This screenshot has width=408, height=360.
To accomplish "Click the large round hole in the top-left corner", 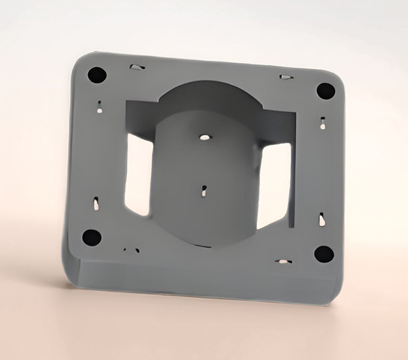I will [x=97, y=75].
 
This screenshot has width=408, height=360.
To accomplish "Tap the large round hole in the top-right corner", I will [x=326, y=91].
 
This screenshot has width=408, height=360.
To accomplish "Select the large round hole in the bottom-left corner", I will [x=92, y=238].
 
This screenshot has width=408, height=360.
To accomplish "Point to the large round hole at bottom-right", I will [x=324, y=254].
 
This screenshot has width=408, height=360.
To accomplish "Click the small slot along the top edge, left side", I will [x=137, y=67].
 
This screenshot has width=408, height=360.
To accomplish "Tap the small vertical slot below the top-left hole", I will [x=100, y=108].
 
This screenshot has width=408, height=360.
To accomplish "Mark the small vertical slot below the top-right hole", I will [x=323, y=124].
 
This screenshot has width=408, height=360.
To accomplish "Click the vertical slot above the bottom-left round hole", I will [x=96, y=204].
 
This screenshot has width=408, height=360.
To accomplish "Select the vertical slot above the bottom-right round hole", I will [x=322, y=219].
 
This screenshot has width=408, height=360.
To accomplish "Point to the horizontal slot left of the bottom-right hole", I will [x=283, y=262].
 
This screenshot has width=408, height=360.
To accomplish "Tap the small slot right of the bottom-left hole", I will [x=131, y=250].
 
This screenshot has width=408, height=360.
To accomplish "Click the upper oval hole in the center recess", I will [x=205, y=137].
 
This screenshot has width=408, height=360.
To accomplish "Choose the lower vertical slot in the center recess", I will [x=205, y=191].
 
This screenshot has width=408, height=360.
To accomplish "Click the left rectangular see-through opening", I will [x=138, y=174].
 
